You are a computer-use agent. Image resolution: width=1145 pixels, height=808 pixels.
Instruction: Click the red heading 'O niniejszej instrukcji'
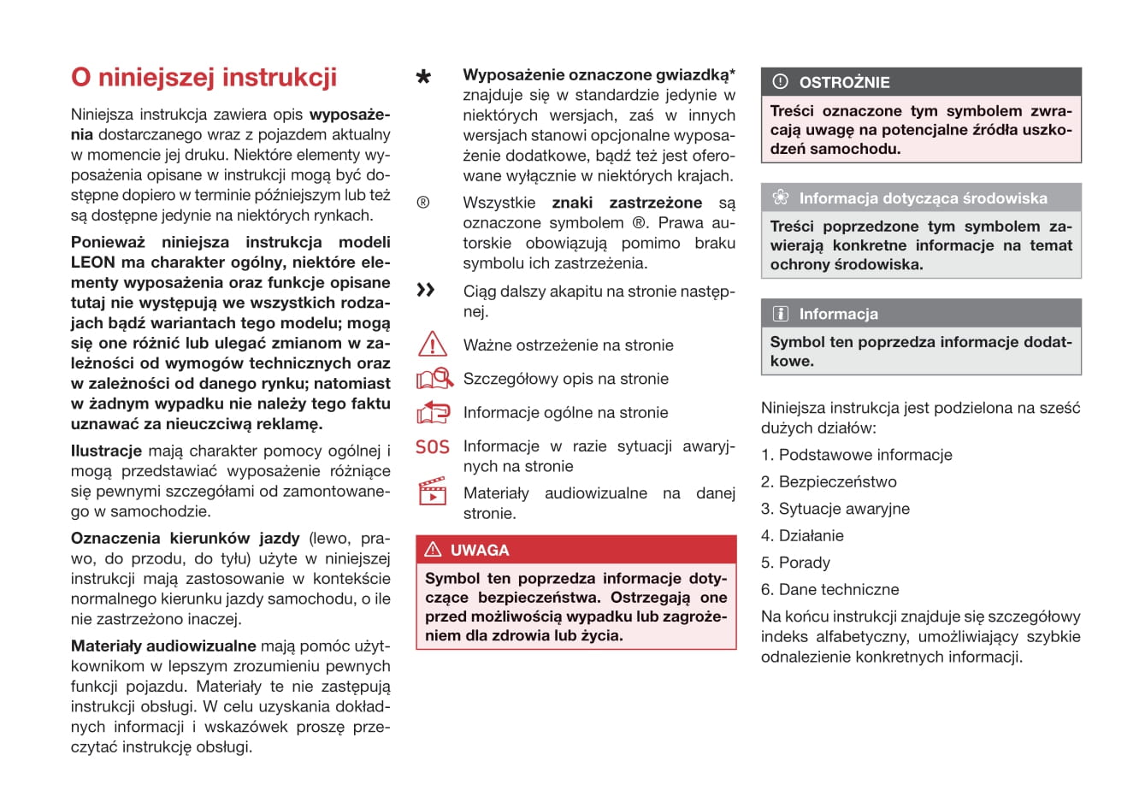[204, 78]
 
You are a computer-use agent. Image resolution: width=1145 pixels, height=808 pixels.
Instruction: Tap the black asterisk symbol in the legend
[423, 78]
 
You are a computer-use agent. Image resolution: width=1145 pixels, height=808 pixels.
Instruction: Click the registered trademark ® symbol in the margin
[422, 203]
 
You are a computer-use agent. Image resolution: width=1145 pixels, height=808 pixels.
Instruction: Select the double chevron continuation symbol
[425, 291]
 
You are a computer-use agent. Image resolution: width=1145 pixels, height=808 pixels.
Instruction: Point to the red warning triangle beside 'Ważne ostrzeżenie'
[433, 344]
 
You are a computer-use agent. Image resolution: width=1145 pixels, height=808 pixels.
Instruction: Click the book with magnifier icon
[434, 378]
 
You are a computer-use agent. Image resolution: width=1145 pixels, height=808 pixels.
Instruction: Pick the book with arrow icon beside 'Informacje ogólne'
[433, 412]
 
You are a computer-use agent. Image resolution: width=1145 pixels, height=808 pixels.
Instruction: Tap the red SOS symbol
[432, 446]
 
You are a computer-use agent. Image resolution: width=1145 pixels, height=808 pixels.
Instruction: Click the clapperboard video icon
[433, 493]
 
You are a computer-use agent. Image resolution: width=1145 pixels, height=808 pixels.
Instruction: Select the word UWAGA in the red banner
[480, 550]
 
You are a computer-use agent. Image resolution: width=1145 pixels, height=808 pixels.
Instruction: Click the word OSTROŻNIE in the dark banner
[844, 83]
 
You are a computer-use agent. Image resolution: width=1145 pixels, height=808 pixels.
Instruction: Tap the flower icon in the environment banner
[780, 198]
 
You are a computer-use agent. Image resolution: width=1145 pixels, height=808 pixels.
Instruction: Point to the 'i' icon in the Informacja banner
[780, 314]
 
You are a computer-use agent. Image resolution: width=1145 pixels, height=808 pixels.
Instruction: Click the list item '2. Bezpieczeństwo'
[829, 481]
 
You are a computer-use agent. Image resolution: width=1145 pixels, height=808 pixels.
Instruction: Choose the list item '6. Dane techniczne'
[829, 589]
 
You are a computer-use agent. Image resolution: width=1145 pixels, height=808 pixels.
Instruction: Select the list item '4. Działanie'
[802, 535]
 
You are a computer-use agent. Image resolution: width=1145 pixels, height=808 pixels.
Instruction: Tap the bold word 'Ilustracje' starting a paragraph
[106, 451]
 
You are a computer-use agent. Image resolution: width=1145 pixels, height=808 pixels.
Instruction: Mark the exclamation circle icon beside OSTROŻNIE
[780, 82]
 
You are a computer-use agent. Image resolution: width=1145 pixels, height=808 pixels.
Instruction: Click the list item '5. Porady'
[795, 563]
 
